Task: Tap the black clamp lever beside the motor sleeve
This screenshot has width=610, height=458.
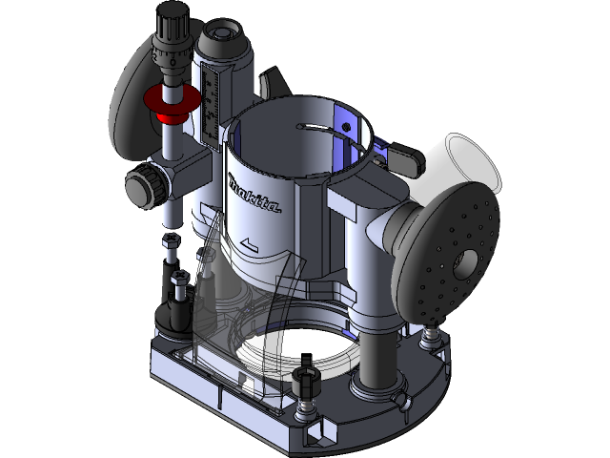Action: pos(408,158)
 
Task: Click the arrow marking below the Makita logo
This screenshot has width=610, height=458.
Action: pos(251,246)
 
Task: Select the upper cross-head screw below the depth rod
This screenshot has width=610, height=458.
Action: pos(172,239)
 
